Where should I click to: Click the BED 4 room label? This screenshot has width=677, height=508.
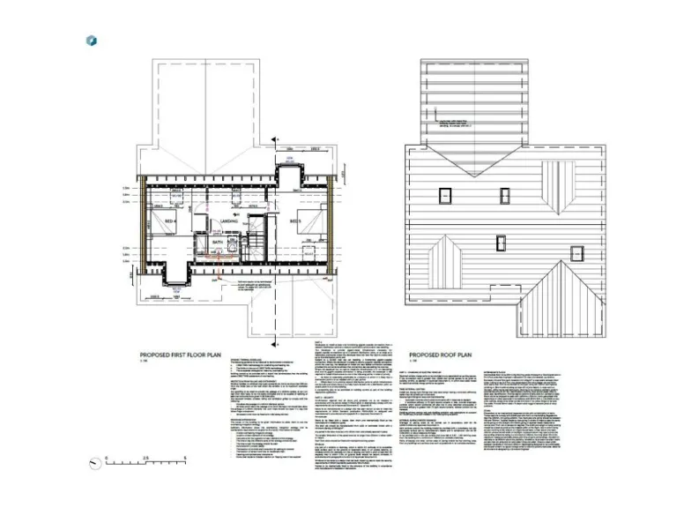point(170,220)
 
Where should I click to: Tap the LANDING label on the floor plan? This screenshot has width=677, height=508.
point(228,220)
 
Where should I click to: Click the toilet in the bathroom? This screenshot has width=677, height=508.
point(233,246)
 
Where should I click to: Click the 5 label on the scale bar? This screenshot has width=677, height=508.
point(186,458)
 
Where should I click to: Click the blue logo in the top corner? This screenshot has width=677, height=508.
point(91,41)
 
